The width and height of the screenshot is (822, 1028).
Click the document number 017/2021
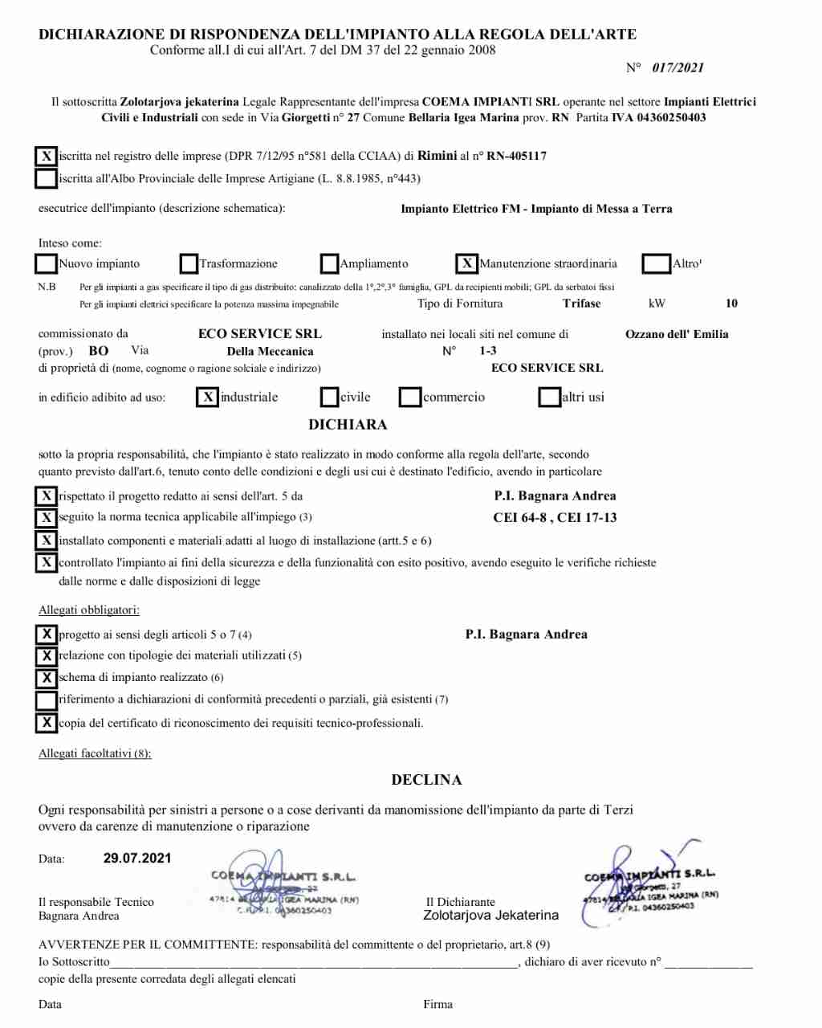pyautogui.click(x=678, y=68)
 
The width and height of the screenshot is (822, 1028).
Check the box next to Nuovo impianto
pyautogui.click(x=47, y=263)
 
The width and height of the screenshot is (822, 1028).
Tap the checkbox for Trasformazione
pyautogui.click(x=189, y=263)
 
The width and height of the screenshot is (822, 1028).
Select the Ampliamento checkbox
pyautogui.click(x=329, y=263)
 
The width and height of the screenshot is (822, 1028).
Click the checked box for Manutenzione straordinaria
pyautogui.click(x=467, y=263)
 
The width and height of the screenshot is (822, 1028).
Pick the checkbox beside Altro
pyautogui.click(x=657, y=263)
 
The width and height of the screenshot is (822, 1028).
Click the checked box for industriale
pyautogui.click(x=208, y=397)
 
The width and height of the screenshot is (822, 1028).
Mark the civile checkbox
pyautogui.click(x=329, y=397)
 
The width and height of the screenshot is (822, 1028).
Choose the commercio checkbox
pyautogui.click(x=410, y=397)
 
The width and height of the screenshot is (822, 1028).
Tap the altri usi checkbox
pyautogui.click(x=550, y=397)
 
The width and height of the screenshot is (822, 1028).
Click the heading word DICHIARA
pyautogui.click(x=348, y=425)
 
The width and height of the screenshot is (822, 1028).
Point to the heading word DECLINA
pyautogui.click(x=426, y=780)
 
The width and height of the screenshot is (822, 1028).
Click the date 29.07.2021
pyautogui.click(x=137, y=858)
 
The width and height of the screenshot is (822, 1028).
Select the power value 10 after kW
pyautogui.click(x=731, y=304)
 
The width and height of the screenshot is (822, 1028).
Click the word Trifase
pyautogui.click(x=582, y=304)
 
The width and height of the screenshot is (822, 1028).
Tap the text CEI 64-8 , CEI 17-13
pyautogui.click(x=555, y=518)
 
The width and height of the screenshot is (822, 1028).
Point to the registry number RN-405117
pyautogui.click(x=516, y=156)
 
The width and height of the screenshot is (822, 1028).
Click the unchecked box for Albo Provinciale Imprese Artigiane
pyautogui.click(x=47, y=178)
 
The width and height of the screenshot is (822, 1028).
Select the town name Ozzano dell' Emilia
pyautogui.click(x=677, y=334)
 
